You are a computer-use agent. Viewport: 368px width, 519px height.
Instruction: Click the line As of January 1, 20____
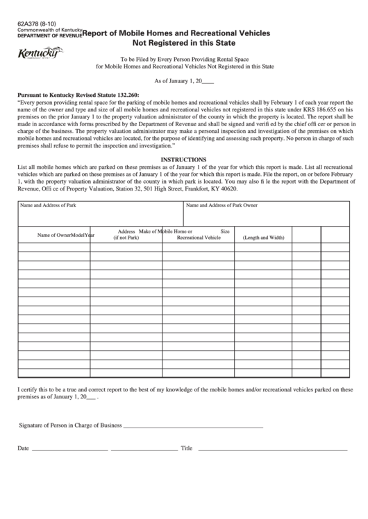[183, 81]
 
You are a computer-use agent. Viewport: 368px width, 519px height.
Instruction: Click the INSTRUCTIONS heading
[184, 159]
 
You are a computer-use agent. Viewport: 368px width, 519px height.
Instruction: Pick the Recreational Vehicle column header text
[199, 238]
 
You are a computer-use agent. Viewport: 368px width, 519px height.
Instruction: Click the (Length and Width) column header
[263, 238]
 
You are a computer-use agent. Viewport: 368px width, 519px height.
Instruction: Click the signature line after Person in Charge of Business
[193, 426]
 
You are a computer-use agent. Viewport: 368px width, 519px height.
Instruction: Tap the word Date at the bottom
[23, 448]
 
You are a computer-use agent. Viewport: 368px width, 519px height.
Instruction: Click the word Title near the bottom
[186, 448]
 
